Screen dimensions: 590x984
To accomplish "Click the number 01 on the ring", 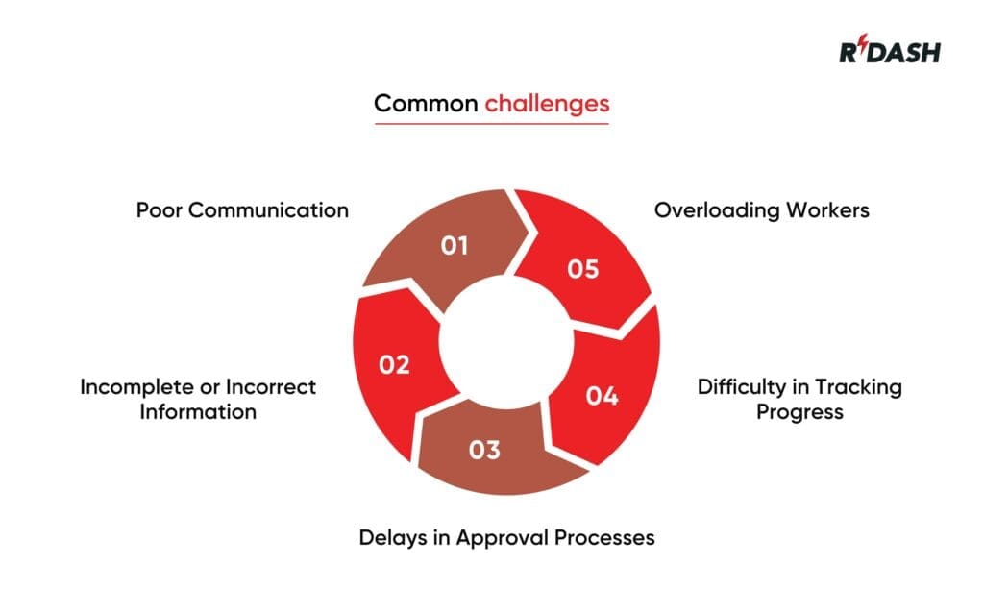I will click(455, 246).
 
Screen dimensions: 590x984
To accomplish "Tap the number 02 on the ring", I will click(394, 365).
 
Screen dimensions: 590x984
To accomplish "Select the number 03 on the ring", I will click(484, 450).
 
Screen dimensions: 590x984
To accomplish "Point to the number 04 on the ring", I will click(602, 395).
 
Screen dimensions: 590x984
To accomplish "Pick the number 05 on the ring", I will click(582, 269).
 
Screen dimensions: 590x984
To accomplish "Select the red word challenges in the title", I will click(547, 104).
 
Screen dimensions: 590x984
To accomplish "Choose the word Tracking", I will click(858, 387).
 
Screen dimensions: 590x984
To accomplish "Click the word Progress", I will click(799, 412).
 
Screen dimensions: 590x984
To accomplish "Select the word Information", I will click(198, 412).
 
